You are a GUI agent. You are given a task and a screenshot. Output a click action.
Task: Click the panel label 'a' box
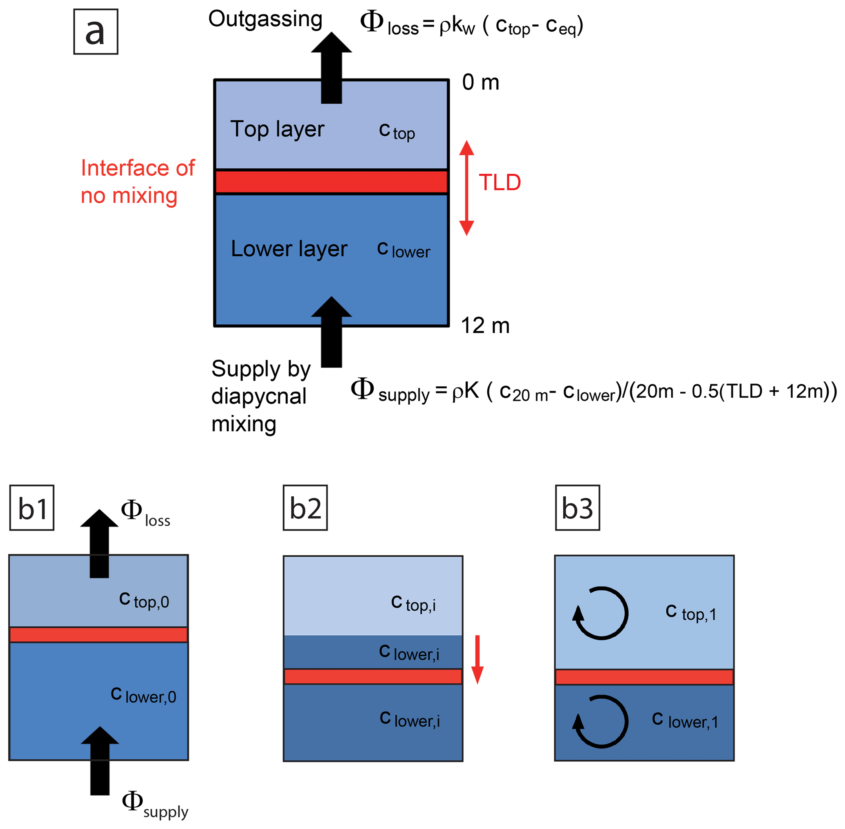tap(96, 32)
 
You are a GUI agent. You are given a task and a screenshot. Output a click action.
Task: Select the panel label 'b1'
tap(32, 508)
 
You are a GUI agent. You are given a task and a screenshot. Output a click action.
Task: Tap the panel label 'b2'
tap(305, 508)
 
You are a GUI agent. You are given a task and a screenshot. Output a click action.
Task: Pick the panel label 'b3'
tap(577, 508)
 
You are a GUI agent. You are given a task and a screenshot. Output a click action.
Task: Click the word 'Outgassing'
tap(265, 19)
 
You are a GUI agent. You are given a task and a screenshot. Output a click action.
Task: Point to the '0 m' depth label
tap(480, 82)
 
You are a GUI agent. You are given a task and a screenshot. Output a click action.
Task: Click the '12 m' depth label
tap(485, 325)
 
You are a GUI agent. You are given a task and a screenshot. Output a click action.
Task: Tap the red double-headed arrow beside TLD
tap(467, 188)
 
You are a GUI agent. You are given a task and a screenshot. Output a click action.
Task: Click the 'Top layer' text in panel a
tap(277, 129)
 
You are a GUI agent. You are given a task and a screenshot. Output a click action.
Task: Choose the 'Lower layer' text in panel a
tap(289, 249)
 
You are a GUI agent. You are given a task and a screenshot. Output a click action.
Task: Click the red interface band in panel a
tap(331, 181)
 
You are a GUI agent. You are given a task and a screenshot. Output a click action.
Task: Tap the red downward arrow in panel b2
tap(477, 659)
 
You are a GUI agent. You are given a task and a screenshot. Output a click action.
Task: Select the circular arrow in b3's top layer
tap(601, 613)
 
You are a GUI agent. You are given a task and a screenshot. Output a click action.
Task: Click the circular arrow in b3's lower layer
tap(601, 721)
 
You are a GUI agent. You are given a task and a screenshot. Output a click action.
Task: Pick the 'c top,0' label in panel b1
tap(144, 601)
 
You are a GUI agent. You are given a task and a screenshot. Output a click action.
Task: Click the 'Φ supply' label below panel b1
tap(155, 804)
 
